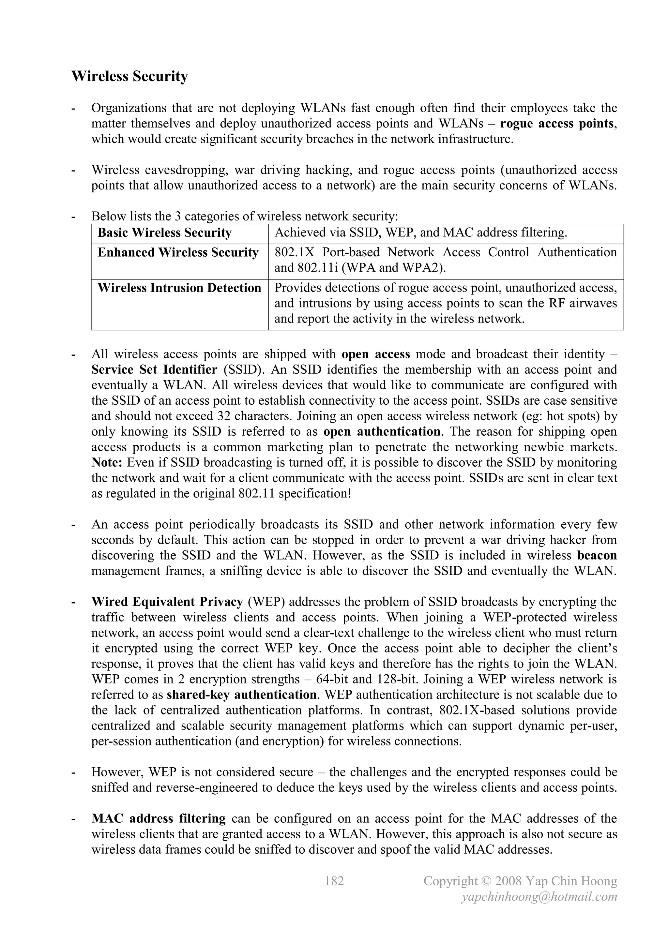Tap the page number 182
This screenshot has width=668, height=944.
tap(334, 881)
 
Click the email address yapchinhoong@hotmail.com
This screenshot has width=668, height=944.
tap(539, 897)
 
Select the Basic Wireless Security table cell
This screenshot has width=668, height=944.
tap(164, 233)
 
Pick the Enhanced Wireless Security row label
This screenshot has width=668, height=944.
tap(178, 252)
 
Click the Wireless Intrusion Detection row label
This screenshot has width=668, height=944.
tap(179, 288)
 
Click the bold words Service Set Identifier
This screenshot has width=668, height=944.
tap(154, 370)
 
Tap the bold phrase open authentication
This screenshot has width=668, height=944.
tap(382, 432)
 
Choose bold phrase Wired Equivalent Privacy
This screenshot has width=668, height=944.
tap(167, 602)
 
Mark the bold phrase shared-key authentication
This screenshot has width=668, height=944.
tap(241, 695)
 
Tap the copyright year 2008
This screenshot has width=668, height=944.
tap(509, 881)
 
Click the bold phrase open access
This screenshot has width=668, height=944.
tap(376, 354)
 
